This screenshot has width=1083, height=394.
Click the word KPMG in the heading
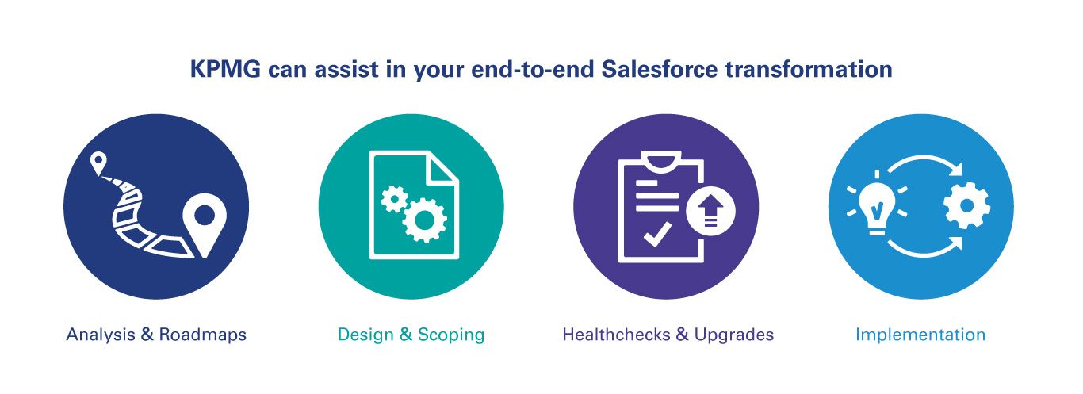tap(225, 69)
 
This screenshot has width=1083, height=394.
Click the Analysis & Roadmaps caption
tap(156, 335)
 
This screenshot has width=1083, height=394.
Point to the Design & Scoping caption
tap(411, 335)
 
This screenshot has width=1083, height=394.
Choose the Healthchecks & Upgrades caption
tap(668, 335)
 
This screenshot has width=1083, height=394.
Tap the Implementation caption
tap(920, 335)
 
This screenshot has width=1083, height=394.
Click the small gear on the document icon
tap(393, 199)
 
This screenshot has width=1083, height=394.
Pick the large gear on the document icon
tap(424, 220)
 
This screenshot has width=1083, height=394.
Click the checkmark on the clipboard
tap(657, 234)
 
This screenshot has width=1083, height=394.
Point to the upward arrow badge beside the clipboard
tap(710, 211)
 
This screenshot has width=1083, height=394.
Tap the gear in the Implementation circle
tap(967, 205)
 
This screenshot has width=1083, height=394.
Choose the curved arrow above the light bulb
tap(924, 159)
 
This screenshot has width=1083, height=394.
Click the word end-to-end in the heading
tap(532, 69)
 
